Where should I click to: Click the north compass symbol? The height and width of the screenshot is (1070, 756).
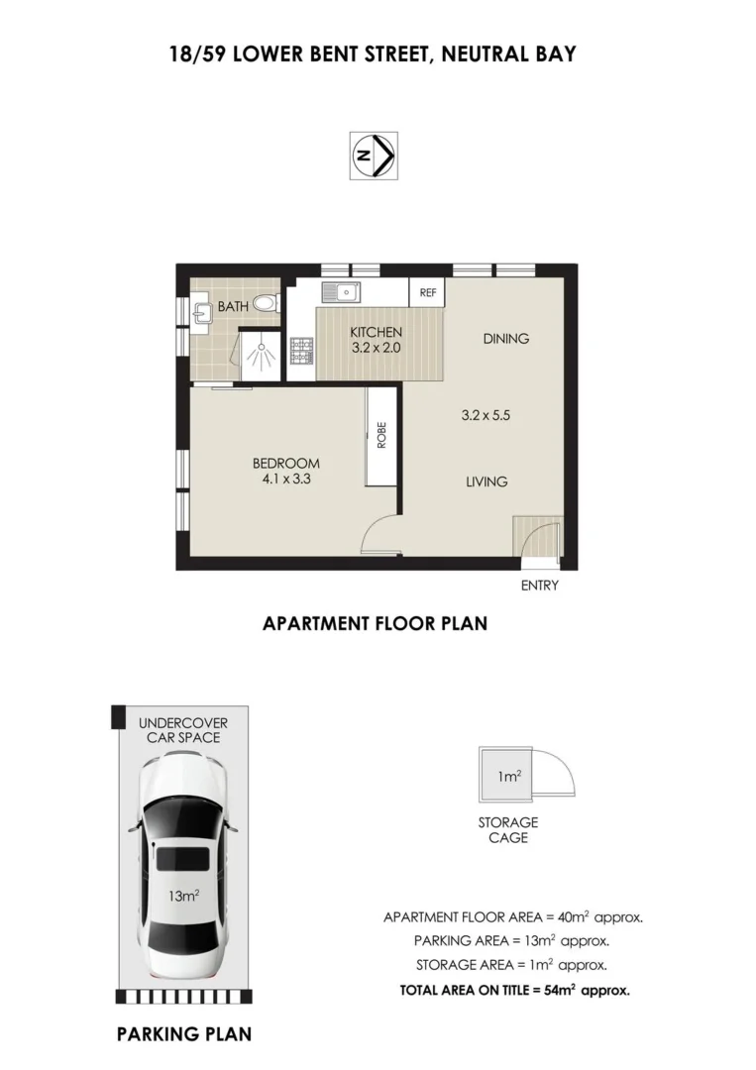(x=374, y=156)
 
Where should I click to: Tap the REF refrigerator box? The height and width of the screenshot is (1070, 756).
(x=428, y=293)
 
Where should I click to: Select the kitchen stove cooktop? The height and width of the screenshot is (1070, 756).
(x=301, y=350)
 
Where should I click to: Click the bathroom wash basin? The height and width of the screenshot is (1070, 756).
(x=202, y=309)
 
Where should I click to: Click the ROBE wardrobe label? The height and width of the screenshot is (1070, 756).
(x=380, y=436)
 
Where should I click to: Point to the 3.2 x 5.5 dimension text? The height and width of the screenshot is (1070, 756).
(x=486, y=416)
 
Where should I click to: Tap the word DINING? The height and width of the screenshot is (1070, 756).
(x=505, y=339)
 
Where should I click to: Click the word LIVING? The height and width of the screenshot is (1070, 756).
(x=486, y=482)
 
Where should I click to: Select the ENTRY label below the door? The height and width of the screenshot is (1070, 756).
(x=540, y=586)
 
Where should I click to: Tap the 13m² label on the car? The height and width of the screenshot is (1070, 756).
(x=183, y=896)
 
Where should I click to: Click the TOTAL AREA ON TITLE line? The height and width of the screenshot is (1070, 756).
(x=514, y=989)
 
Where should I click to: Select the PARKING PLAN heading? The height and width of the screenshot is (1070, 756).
(x=183, y=1034)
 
